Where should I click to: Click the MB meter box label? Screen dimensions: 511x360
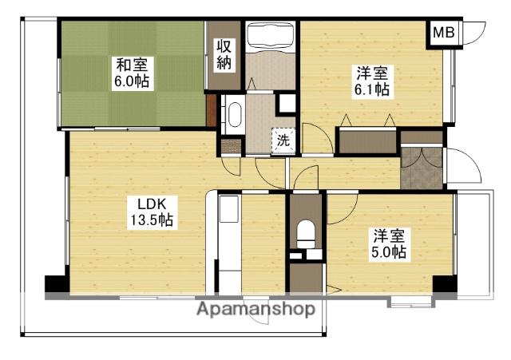click(443, 33)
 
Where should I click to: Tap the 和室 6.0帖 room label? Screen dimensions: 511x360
click(132, 73)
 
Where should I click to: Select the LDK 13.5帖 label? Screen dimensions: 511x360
click(152, 212)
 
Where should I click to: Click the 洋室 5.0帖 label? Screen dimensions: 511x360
click(389, 244)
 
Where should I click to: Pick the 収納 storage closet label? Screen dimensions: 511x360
click(224, 55)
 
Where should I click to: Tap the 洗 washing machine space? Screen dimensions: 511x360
click(283, 140)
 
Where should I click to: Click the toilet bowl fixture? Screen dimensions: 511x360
click(306, 234)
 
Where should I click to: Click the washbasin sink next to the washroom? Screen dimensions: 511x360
click(235, 114)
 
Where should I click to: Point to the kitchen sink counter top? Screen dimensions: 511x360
click(229, 209)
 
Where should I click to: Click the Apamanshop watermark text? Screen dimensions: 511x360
click(255, 309)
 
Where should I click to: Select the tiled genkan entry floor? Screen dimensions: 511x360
click(422, 168)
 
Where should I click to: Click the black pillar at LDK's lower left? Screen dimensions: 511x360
click(57, 283)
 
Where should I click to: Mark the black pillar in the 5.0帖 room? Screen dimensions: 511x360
click(445, 283)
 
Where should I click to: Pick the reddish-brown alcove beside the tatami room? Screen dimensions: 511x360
click(211, 110)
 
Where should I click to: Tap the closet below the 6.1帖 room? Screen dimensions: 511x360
click(367, 142)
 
